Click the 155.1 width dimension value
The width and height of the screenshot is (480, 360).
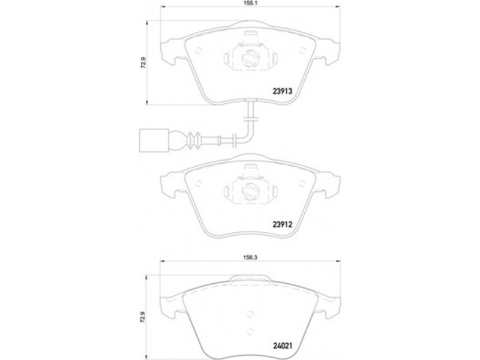(250, 2)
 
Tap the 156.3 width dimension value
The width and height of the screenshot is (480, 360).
(250, 257)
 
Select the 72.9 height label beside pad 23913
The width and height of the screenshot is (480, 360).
(143, 63)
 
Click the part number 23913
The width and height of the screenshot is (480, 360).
(283, 91)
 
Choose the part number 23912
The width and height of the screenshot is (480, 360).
(283, 224)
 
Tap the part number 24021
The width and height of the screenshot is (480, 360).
(283, 346)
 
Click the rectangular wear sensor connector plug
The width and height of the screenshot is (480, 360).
(154, 140)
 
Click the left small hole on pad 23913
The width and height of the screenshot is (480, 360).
(199, 50)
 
